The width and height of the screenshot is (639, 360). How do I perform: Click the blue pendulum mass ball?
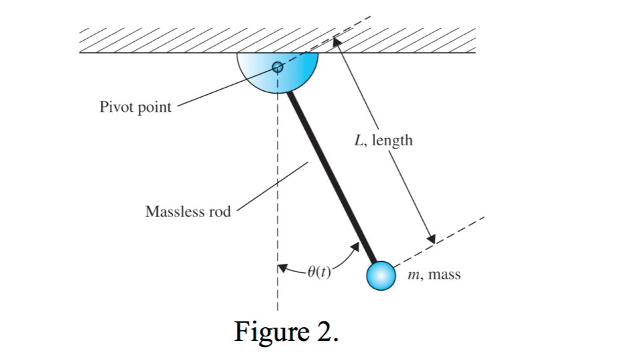(380, 276)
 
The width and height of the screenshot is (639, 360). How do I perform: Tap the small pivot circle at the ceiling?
(277, 66)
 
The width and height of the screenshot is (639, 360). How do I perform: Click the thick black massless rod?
(331, 177)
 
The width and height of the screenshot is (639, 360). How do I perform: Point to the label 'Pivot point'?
(135, 107)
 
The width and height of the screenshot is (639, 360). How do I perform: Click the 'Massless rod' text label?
(188, 212)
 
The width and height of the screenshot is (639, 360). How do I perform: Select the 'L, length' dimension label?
(383, 140)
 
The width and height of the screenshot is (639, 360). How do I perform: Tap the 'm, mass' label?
(433, 275)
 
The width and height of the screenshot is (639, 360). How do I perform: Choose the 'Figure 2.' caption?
(287, 332)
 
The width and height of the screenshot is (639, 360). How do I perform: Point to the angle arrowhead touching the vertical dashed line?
(282, 267)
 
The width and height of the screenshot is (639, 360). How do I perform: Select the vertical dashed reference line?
(277, 196)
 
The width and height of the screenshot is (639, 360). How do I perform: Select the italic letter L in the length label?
(358, 140)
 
